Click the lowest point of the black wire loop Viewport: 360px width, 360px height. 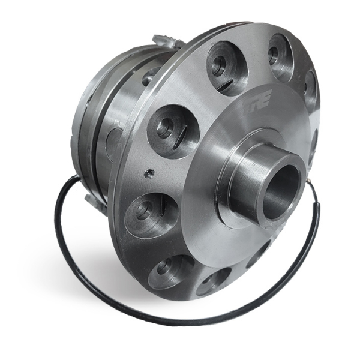coord(180,323)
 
